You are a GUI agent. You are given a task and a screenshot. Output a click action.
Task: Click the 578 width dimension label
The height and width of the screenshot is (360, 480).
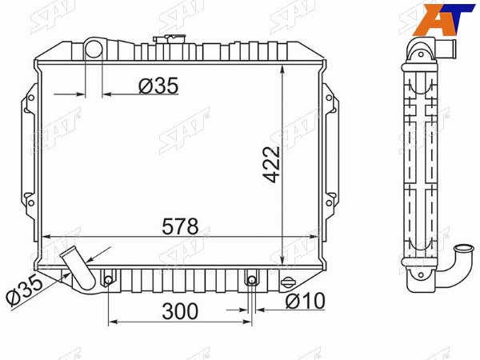180,226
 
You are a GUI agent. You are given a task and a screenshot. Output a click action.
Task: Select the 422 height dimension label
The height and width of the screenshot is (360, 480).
271,165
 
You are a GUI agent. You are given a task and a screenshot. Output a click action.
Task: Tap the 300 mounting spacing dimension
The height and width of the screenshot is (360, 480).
180,311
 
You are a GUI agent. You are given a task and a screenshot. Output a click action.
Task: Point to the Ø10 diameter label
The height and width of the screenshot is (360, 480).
305,301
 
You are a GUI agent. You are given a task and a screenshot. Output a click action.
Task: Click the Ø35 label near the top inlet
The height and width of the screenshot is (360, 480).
158,86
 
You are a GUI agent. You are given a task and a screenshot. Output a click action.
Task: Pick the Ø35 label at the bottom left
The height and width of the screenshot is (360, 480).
25,289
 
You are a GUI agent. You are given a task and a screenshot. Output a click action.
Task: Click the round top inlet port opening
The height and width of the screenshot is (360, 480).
94,50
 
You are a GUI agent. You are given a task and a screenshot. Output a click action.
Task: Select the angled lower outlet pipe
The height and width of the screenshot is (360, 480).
78,268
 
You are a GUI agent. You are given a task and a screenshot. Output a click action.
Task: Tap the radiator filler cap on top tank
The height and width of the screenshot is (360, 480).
170,38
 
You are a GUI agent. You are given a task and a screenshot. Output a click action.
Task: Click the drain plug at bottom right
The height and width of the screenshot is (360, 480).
287,282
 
